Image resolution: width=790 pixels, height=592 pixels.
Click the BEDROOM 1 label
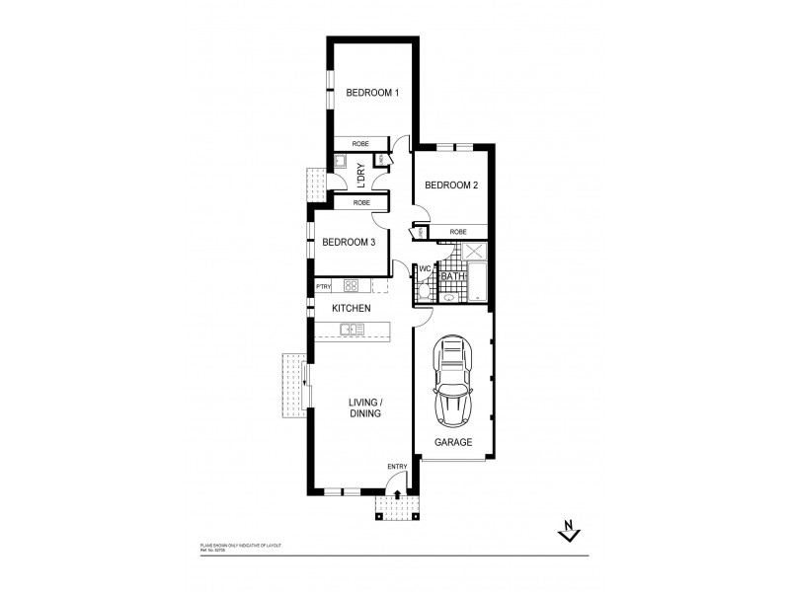[371, 94]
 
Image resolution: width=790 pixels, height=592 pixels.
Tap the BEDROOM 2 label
[450, 185]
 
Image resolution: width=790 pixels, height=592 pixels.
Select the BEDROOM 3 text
[348, 242]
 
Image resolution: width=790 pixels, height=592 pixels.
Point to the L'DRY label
[361, 175]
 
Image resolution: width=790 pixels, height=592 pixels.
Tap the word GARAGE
[454, 442]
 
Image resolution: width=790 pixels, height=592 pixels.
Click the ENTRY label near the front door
[397, 467]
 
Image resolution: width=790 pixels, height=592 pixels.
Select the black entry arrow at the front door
[397, 496]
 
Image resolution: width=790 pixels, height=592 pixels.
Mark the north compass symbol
[568, 533]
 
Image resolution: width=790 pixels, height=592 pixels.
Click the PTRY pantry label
[323, 286]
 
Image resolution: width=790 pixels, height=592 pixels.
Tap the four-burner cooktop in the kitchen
[351, 286]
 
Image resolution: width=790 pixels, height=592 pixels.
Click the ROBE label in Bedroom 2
[457, 232]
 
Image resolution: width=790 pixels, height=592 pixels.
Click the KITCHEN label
[351, 309]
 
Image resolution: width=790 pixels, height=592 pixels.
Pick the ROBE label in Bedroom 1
[361, 144]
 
